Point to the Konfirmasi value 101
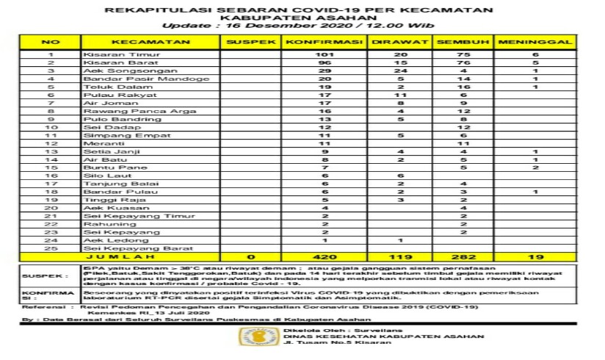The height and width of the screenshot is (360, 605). (x=324, y=55)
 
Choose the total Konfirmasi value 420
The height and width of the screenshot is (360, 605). (x=324, y=257)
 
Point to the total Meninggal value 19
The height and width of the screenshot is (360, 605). (x=534, y=257)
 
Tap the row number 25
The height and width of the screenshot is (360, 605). (x=51, y=248)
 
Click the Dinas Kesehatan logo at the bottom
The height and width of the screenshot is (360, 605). (x=250, y=336)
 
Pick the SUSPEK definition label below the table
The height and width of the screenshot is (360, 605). (x=38, y=276)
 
